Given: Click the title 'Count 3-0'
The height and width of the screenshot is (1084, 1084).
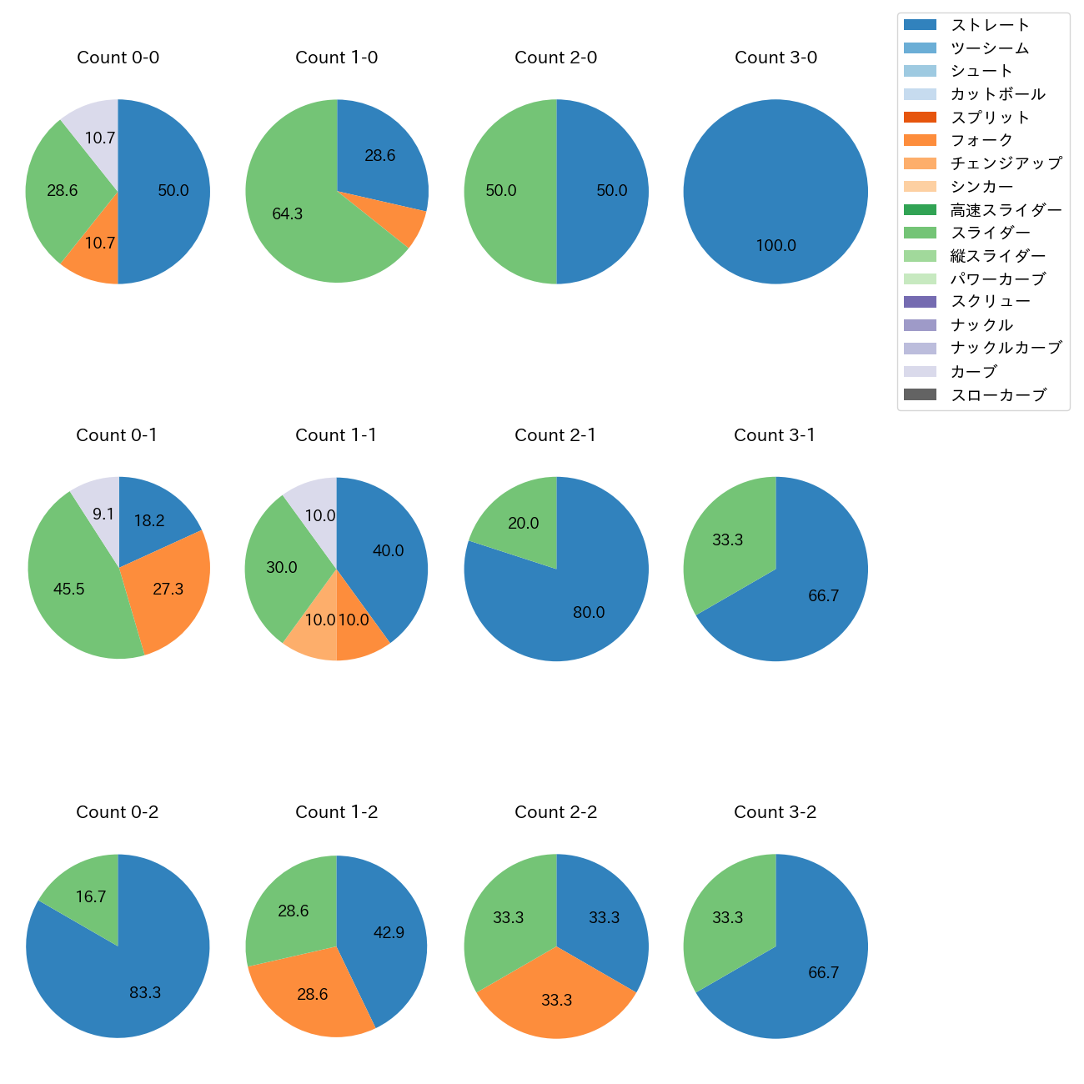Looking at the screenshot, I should [x=775, y=58].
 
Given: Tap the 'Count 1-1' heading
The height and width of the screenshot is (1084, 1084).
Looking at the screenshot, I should [x=336, y=435].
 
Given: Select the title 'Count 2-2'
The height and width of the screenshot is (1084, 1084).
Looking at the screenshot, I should [x=555, y=812].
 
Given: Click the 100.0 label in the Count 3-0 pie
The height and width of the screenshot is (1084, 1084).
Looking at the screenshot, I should [x=775, y=246].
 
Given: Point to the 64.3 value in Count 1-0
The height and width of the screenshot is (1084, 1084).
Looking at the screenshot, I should [x=287, y=214].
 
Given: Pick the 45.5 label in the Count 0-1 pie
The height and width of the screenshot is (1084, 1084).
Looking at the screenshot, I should [x=68, y=590].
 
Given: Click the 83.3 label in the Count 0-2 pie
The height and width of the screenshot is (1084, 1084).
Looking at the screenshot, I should [x=145, y=993].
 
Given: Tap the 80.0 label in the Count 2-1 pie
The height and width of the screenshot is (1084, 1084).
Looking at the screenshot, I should [x=589, y=613].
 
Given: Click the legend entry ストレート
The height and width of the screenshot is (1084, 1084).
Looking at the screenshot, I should [x=990, y=25].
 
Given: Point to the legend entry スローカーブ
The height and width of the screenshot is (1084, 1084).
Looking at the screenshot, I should [x=998, y=395].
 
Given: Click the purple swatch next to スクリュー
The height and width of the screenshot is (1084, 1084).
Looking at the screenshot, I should [x=920, y=302].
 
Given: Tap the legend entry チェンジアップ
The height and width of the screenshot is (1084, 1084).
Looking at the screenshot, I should [x=1006, y=163].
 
